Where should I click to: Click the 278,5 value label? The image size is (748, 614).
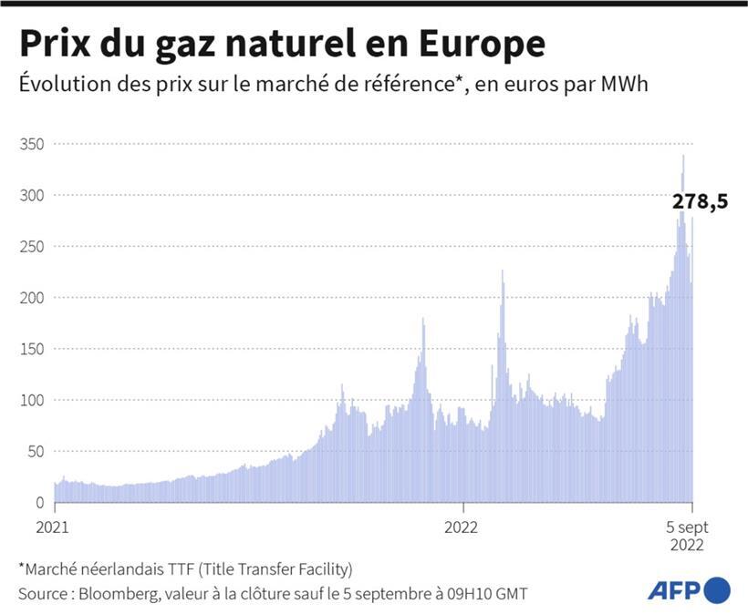click(700, 203)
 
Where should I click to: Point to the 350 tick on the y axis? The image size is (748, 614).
click(31, 145)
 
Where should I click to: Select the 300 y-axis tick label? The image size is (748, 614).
click(31, 196)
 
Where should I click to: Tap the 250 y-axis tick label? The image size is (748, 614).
click(31, 247)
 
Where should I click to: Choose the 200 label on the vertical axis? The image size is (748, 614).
click(31, 298)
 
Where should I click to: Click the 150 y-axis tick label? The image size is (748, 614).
click(31, 349)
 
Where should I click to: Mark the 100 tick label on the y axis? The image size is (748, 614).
click(31, 400)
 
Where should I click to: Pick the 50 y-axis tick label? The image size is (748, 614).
click(36, 451)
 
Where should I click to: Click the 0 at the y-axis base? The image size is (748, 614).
click(39, 502)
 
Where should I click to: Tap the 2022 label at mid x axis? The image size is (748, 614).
click(462, 527)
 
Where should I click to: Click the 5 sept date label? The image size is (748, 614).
click(686, 527)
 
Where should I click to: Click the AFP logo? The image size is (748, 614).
click(689, 590)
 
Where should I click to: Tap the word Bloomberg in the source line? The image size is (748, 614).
click(119, 593)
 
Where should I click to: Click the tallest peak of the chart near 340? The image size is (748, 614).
click(683, 158)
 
